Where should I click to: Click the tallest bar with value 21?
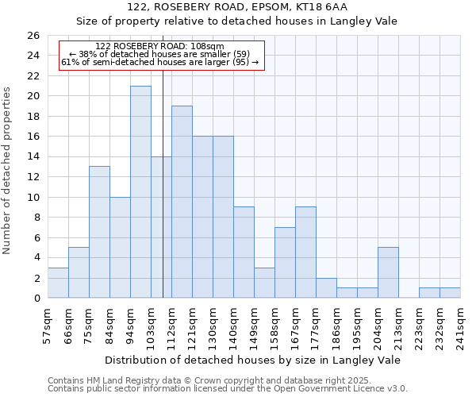pyautogui.click(x=140, y=192)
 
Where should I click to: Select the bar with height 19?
pyautogui.click(x=182, y=202)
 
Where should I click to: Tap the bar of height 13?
pyautogui.click(x=99, y=232)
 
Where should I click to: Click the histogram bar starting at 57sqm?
pyautogui.click(x=58, y=283)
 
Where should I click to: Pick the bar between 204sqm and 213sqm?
pyautogui.click(x=388, y=272)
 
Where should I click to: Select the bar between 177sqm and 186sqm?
pyautogui.click(x=326, y=287)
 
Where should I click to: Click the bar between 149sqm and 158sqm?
pyautogui.click(x=264, y=283)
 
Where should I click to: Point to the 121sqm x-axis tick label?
pyautogui.click(x=192, y=326)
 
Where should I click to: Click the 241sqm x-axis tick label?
pyautogui.click(x=460, y=326)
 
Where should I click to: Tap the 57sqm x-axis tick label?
pyautogui.click(x=48, y=326)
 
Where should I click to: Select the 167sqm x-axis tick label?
pyautogui.click(x=295, y=326)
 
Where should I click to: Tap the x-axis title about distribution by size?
pyautogui.click(x=252, y=360)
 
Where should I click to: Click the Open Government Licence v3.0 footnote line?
pyautogui.click(x=227, y=389)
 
